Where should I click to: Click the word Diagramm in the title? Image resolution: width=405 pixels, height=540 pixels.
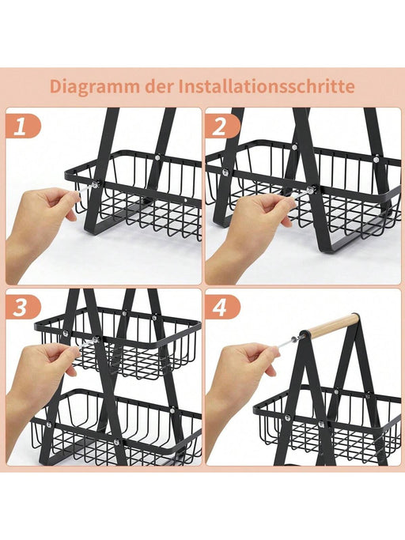coord(94,86)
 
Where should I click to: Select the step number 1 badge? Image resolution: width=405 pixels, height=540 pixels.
coord(21,127)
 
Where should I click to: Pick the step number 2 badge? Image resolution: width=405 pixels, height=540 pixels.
coord(221,127)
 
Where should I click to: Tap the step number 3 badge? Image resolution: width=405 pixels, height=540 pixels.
coord(21,308)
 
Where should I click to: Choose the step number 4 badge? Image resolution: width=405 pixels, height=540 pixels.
coord(221,308)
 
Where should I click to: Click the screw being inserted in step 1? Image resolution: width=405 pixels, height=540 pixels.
coord(86,187)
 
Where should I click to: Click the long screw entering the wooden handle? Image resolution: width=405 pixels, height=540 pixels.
coord(290,340)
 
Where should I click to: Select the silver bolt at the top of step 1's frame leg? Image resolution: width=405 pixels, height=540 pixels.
coord(157,157)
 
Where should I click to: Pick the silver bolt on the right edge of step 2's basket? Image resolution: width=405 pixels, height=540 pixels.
coord(376,160)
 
